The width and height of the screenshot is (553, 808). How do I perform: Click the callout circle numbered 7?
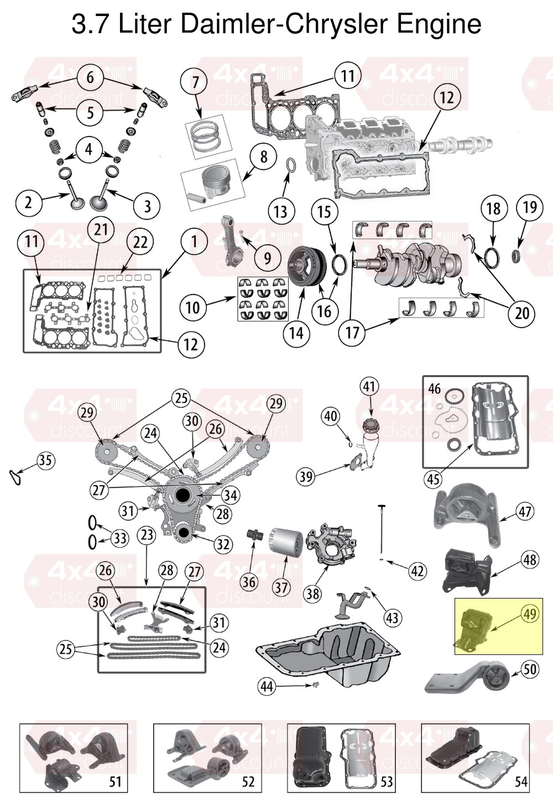(195, 82)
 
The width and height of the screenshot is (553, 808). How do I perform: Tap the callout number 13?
(280, 211)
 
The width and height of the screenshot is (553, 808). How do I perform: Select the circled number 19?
(530, 207)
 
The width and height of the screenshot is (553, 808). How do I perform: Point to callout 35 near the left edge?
(45, 460)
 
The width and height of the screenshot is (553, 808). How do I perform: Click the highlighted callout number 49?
(530, 613)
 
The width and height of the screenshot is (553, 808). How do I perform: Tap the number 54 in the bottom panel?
(521, 781)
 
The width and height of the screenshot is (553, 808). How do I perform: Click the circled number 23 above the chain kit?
(147, 534)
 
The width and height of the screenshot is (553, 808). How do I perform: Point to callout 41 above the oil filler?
(369, 386)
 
